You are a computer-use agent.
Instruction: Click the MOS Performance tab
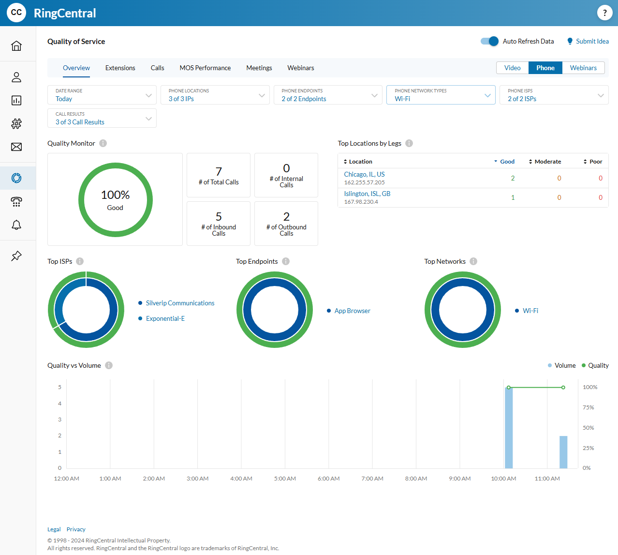(x=205, y=68)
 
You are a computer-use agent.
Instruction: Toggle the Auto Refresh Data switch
(x=489, y=41)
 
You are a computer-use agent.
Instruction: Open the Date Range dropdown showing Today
(x=102, y=95)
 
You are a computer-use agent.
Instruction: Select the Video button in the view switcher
(x=512, y=68)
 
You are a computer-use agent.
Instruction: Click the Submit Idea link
(x=592, y=41)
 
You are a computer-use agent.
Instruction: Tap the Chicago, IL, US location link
(x=364, y=174)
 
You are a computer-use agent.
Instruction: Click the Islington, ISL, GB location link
(x=367, y=194)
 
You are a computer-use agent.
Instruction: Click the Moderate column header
(x=547, y=162)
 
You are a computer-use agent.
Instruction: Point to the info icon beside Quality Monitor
(x=103, y=143)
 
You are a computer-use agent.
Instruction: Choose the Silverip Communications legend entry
(x=180, y=303)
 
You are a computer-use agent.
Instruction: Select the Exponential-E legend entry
(x=165, y=318)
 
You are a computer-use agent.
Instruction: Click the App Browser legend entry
(x=352, y=311)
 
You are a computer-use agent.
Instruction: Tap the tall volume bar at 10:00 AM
(x=509, y=428)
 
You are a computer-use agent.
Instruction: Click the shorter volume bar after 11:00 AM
(x=563, y=452)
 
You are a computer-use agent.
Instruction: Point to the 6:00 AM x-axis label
(x=328, y=479)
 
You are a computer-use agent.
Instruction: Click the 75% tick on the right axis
(x=588, y=407)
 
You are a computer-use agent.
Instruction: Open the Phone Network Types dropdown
(x=441, y=95)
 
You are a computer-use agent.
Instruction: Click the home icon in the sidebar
(x=16, y=45)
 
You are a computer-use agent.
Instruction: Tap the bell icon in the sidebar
(x=16, y=225)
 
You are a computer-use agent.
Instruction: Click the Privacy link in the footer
(x=76, y=529)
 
